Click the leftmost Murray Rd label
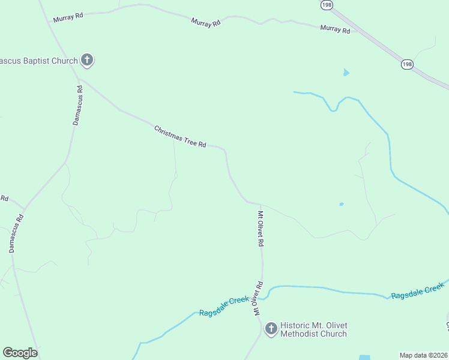point(68,18)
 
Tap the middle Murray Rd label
point(206,22)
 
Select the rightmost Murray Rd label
point(335,29)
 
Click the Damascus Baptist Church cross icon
point(87,60)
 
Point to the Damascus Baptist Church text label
point(39,61)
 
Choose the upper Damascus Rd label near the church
point(77,105)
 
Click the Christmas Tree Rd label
point(180,137)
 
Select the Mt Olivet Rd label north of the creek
point(261,229)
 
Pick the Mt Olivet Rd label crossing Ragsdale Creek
point(258,299)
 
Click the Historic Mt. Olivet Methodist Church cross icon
point(271,328)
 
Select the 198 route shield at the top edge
point(326,5)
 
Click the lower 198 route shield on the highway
point(408,64)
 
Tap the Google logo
point(20,353)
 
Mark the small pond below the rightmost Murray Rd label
point(345,73)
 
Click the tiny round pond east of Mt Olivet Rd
point(342,205)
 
